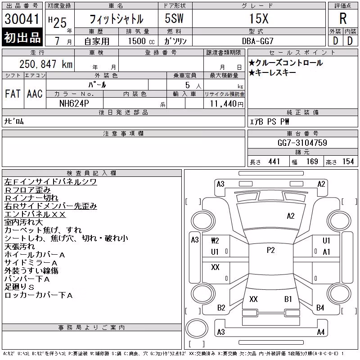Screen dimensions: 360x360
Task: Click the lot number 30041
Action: (x=22, y=19)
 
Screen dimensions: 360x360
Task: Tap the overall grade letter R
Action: (x=343, y=18)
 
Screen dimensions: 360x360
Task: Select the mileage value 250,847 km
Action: (x=46, y=64)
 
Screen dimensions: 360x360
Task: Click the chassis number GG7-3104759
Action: (x=302, y=143)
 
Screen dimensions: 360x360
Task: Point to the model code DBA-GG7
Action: (x=258, y=41)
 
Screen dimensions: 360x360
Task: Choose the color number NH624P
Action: (x=74, y=103)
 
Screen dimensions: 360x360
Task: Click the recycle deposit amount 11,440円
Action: (x=227, y=104)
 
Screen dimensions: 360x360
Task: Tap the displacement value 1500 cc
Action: (x=141, y=41)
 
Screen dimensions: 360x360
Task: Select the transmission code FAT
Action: (x=13, y=94)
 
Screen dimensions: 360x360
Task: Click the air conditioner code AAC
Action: (x=35, y=94)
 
